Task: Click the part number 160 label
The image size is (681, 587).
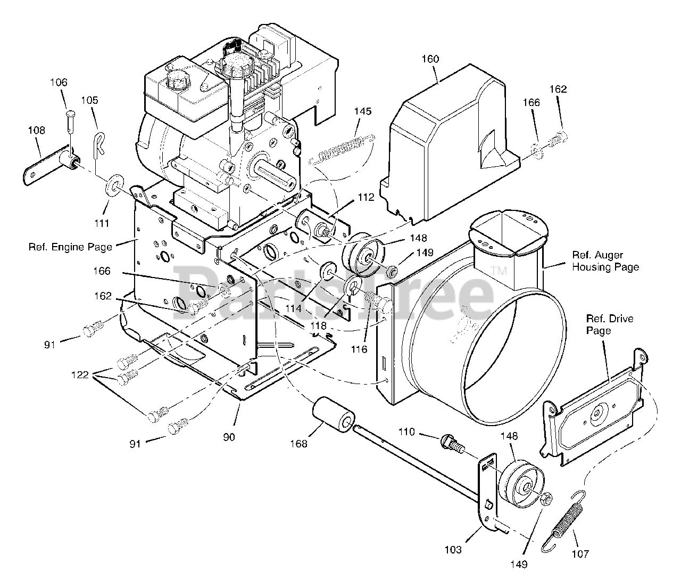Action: (430, 59)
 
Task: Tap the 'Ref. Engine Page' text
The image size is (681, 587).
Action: (70, 247)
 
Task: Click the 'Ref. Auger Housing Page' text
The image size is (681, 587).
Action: (605, 261)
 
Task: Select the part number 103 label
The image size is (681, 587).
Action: (454, 550)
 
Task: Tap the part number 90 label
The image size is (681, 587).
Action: (229, 437)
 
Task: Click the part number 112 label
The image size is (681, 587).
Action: (366, 197)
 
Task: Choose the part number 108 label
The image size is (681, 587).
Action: (36, 130)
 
